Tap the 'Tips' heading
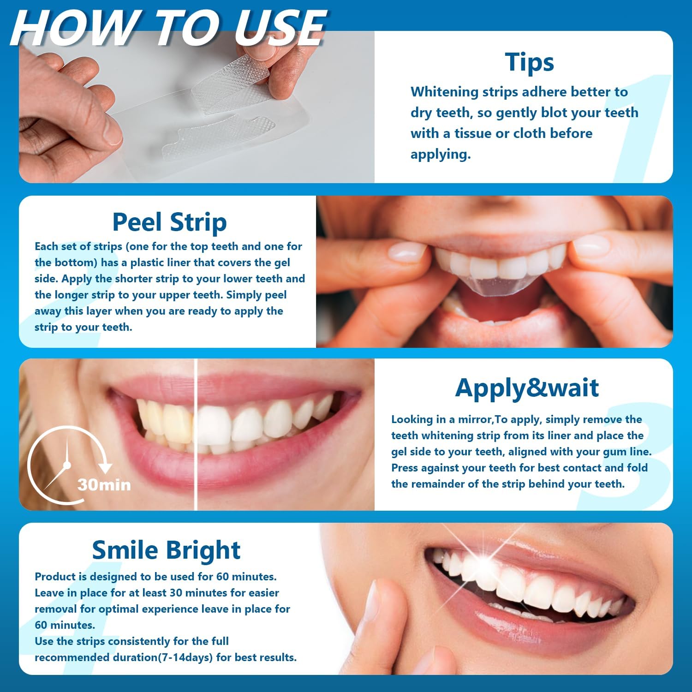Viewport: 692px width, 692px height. (x=529, y=62)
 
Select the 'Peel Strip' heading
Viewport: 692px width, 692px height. (x=169, y=222)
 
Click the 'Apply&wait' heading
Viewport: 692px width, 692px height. (x=527, y=388)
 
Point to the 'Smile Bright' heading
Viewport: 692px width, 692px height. (x=166, y=550)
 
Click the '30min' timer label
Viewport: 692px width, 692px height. (x=104, y=485)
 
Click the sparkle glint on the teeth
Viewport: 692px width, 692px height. (x=484, y=559)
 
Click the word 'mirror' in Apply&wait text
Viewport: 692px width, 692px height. (x=475, y=420)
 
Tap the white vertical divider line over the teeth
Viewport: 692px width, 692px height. (x=196, y=434)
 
